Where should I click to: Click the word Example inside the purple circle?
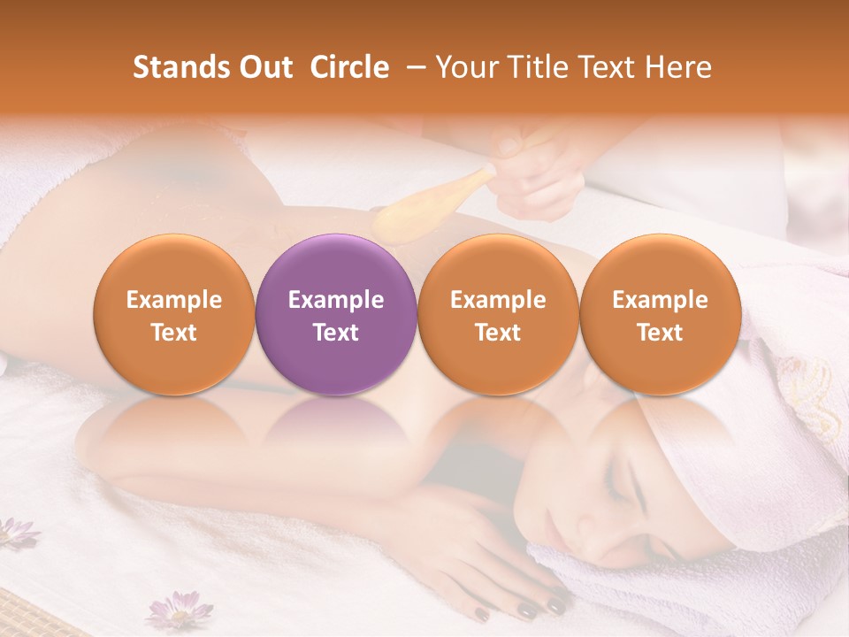click(336, 300)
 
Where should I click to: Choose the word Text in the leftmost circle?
click(174, 333)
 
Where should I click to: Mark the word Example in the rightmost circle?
click(660, 300)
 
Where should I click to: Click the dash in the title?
click(412, 67)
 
